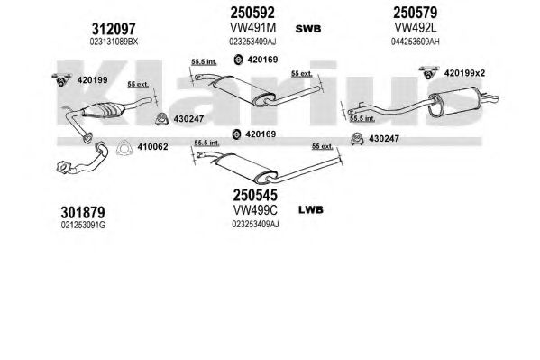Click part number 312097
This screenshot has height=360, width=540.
click(114, 29)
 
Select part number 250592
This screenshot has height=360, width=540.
click(252, 13)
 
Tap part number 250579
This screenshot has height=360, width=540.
click(415, 13)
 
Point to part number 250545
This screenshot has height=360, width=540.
click(255, 195)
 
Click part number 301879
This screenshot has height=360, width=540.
click(83, 212)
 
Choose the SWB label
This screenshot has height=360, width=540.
click(308, 29)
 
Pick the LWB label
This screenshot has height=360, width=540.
click(311, 209)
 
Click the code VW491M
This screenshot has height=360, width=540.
click(252, 28)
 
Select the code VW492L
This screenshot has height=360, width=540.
click(416, 27)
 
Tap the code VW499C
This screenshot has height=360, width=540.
click(255, 209)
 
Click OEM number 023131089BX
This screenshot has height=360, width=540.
click(114, 42)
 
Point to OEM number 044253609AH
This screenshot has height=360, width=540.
click(415, 42)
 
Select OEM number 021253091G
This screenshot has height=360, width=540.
click(83, 226)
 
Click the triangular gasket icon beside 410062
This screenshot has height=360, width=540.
click(124, 148)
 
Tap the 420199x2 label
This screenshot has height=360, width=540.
click(464, 73)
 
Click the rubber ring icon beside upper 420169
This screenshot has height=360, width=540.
click(238, 60)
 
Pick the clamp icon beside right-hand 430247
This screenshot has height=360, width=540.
click(358, 138)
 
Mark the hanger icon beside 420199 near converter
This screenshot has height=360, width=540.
click(61, 79)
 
